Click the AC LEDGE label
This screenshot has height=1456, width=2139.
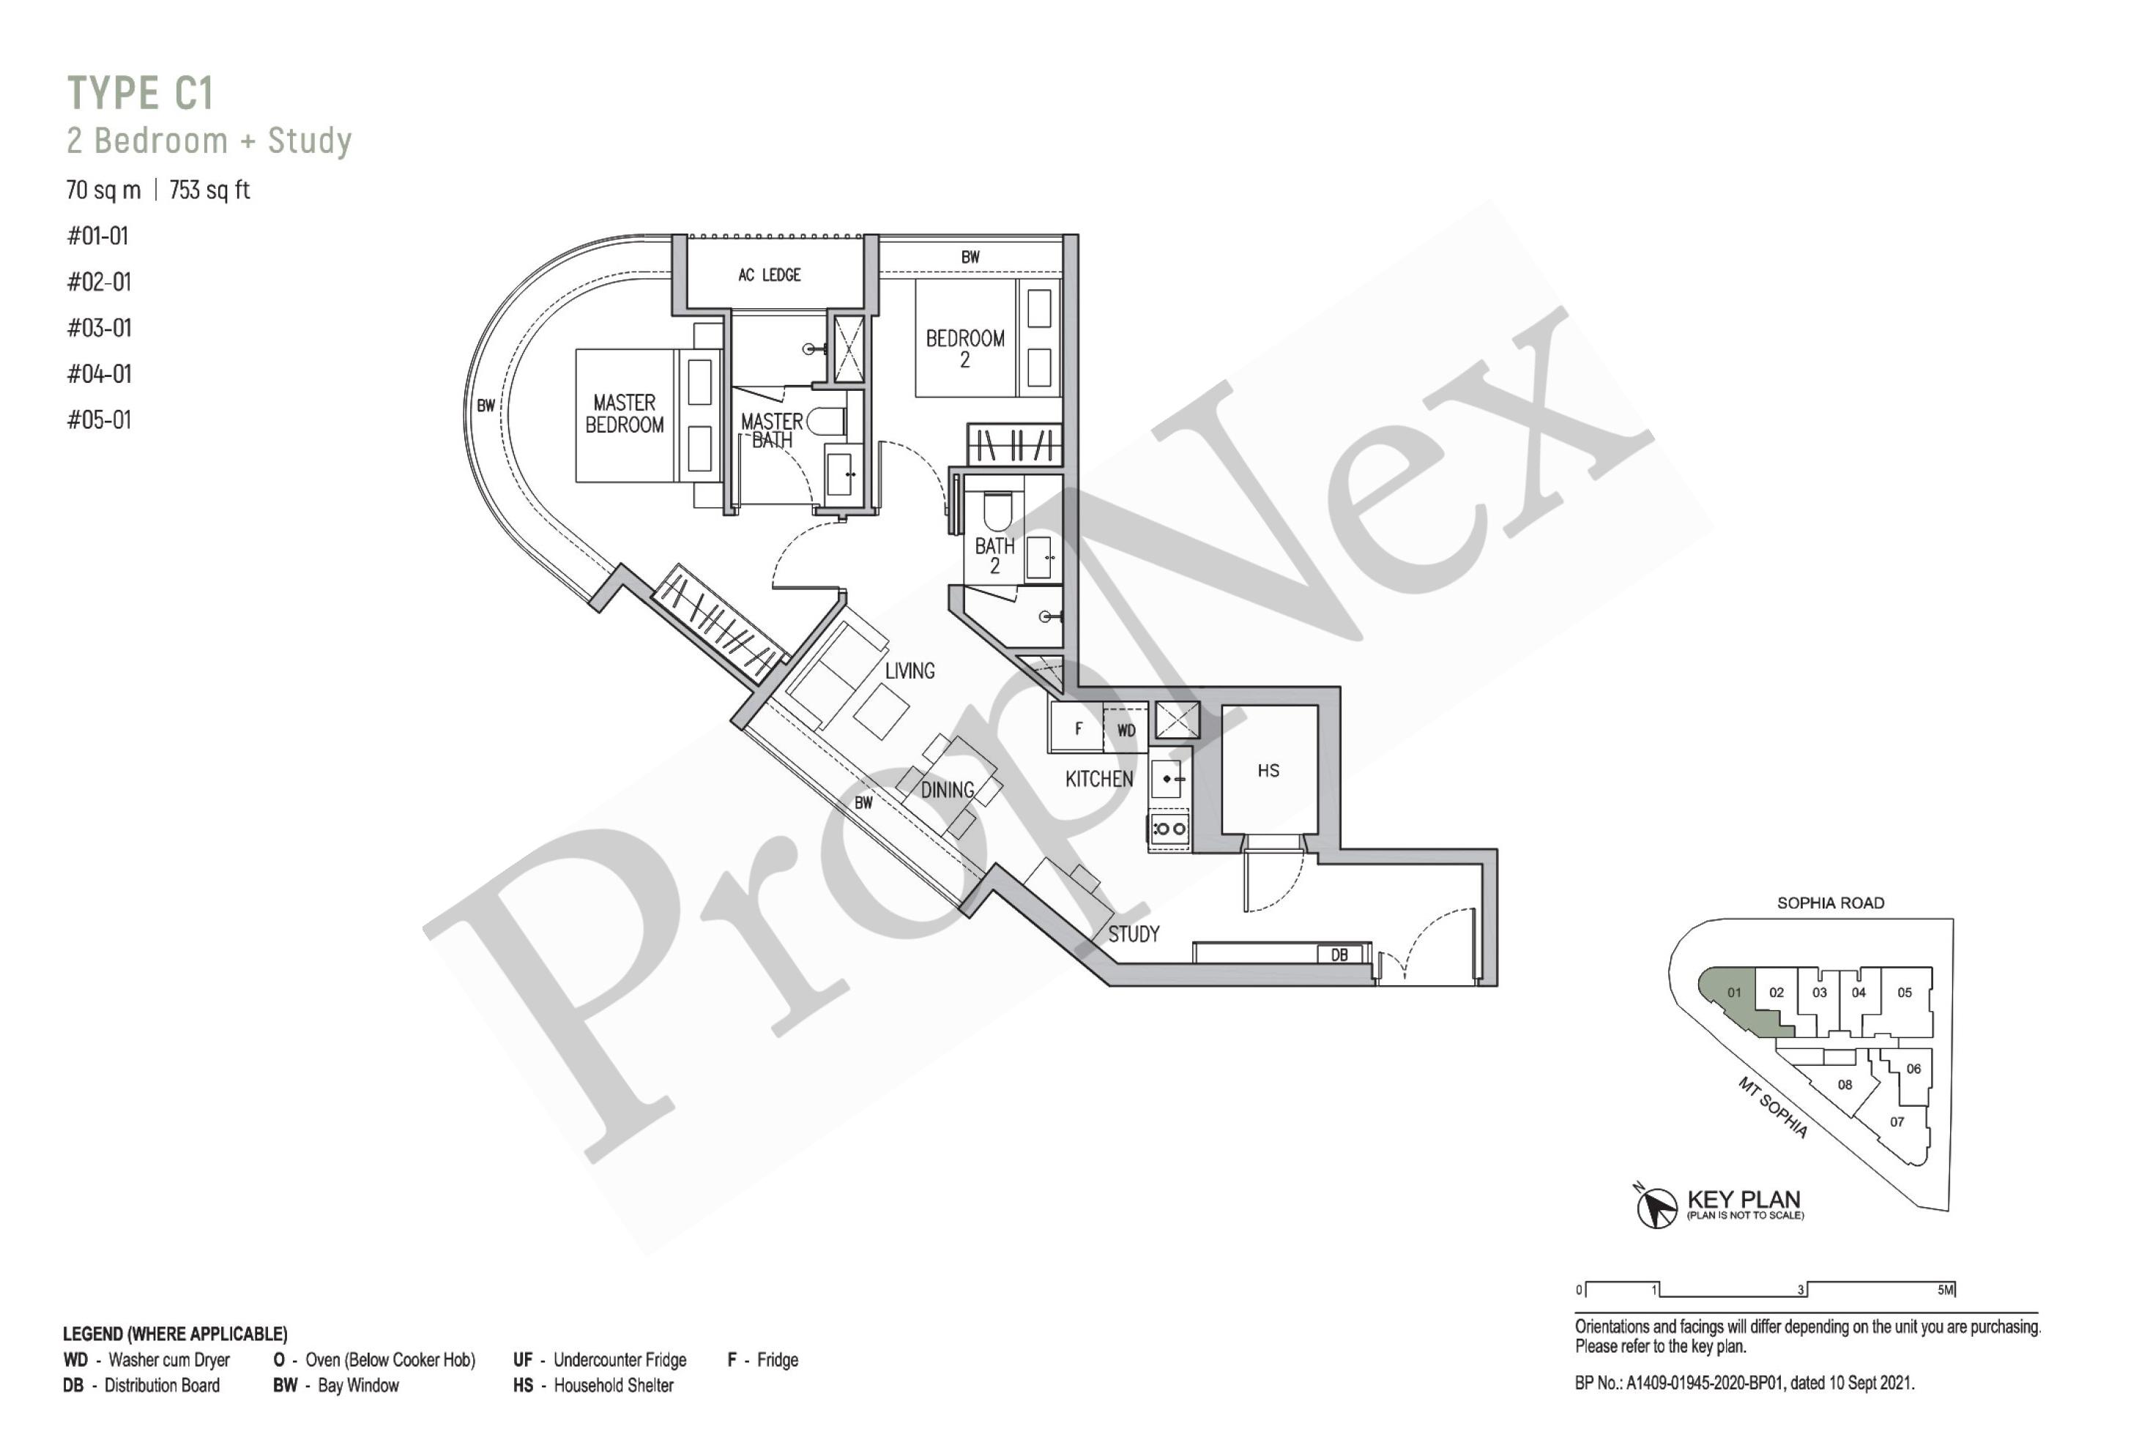click(770, 275)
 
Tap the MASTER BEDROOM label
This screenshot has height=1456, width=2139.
click(624, 414)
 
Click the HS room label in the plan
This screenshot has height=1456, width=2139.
click(1268, 770)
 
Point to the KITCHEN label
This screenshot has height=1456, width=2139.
click(1099, 779)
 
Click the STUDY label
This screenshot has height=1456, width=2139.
click(1133, 934)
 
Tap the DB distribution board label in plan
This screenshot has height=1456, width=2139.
click(1339, 955)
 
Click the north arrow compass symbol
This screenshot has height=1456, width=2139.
click(1656, 1206)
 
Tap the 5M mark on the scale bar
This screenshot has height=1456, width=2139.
click(1946, 1289)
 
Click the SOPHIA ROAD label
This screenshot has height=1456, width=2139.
click(1830, 903)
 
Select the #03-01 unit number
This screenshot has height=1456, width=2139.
click(100, 328)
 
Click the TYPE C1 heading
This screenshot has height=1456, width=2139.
click(141, 93)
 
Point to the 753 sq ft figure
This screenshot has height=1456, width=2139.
click(210, 190)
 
